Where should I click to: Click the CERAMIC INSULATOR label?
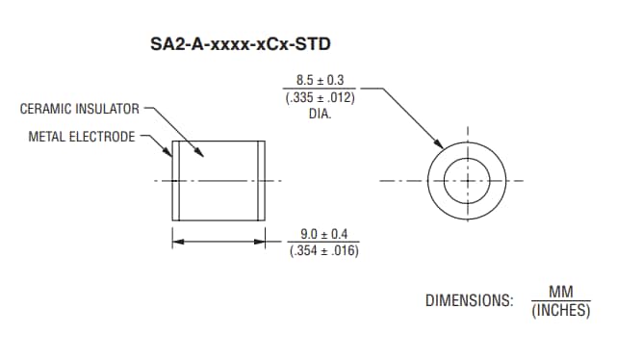[80, 109]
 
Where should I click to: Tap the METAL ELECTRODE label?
[82, 137]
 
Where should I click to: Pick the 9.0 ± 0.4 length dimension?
[323, 234]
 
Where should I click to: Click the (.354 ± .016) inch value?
[323, 250]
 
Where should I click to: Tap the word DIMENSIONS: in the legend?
[469, 300]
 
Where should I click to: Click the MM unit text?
[560, 292]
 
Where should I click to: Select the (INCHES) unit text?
[560, 311]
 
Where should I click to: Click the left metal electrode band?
[176, 180]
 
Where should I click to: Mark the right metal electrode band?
[261, 180]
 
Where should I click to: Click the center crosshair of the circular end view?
[467, 180]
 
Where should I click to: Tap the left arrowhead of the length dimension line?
[176, 243]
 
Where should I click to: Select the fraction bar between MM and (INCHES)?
[560, 301]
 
